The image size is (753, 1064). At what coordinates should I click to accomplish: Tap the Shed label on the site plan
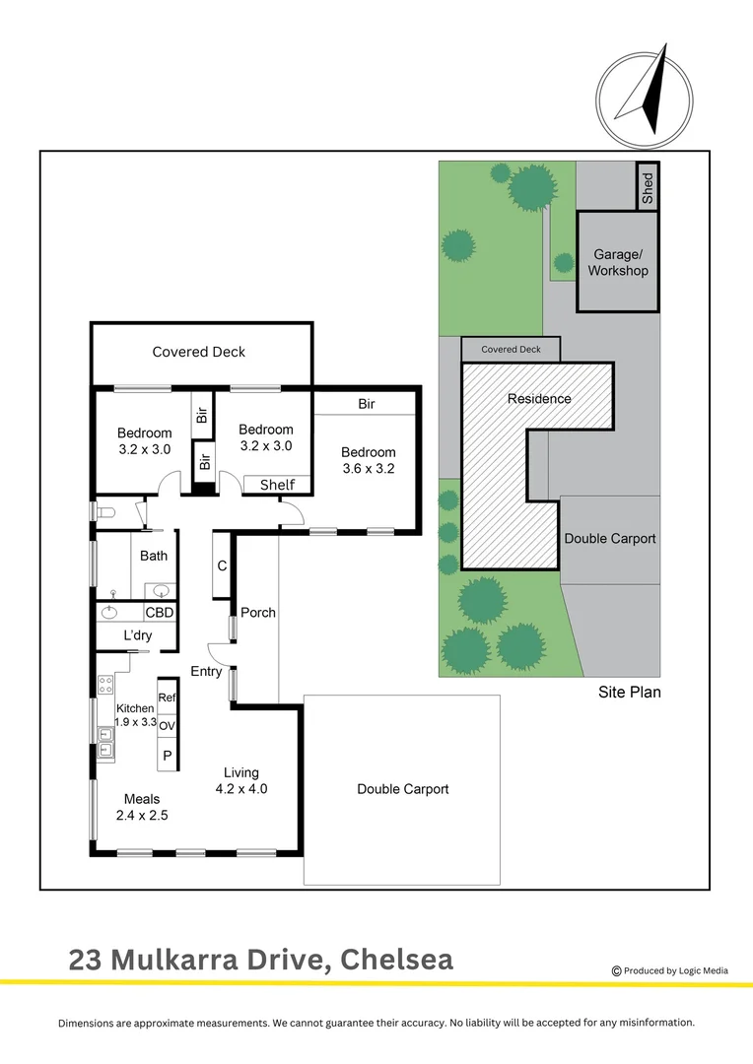[x=648, y=186]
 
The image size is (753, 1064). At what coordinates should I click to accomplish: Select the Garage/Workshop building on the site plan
[x=618, y=262]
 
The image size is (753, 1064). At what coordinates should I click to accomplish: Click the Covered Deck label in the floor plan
[x=199, y=352]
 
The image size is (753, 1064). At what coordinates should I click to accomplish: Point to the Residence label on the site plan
[x=539, y=399]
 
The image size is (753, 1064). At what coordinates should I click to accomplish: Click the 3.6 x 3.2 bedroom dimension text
[x=368, y=469]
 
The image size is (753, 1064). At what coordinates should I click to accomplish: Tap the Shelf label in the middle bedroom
[x=277, y=485]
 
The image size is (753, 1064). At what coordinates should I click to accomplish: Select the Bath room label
[x=154, y=556]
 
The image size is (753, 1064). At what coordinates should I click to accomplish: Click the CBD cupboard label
[x=160, y=613]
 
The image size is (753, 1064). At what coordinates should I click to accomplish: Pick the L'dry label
[x=138, y=636]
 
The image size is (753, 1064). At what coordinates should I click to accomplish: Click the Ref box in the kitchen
[x=167, y=698]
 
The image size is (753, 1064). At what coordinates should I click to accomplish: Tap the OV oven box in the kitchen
[x=167, y=726]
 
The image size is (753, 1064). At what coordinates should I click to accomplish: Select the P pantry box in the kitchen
[x=167, y=755]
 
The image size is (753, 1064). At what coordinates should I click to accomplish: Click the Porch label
[x=258, y=613]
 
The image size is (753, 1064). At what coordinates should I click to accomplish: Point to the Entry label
[x=206, y=672]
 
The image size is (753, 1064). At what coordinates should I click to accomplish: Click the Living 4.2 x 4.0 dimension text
[x=241, y=788]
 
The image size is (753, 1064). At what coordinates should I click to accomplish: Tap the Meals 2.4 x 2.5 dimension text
[x=142, y=814]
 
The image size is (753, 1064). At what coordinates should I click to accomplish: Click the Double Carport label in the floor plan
[x=403, y=789]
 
